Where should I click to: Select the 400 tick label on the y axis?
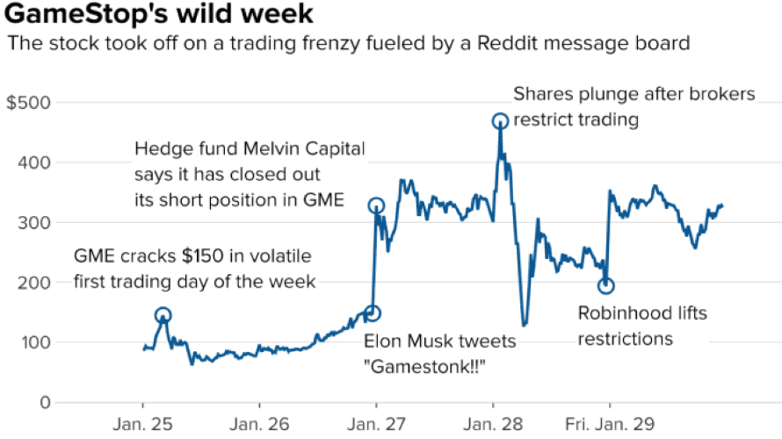coord(33,162)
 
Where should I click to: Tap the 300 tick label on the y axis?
coord(33,223)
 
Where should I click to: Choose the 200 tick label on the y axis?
coord(33,283)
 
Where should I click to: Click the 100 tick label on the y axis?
coord(33,342)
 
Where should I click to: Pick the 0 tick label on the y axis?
coord(40,402)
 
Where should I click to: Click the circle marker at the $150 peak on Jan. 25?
coord(163,315)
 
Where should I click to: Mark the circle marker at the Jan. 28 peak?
coord(500,121)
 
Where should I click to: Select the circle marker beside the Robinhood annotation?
coord(605,285)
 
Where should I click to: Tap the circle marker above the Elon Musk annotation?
coord(373,313)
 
